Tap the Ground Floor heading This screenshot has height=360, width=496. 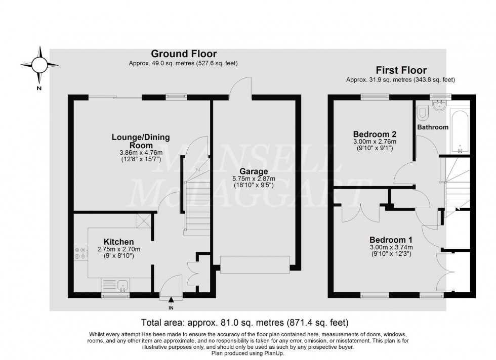pos(184,54)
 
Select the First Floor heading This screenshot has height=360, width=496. pos(400,70)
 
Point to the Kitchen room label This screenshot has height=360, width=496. pos(119,242)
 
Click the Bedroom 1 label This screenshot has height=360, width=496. pos(390,240)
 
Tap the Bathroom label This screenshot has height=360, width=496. pos(433,127)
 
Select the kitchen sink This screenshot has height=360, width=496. pos(122,287)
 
